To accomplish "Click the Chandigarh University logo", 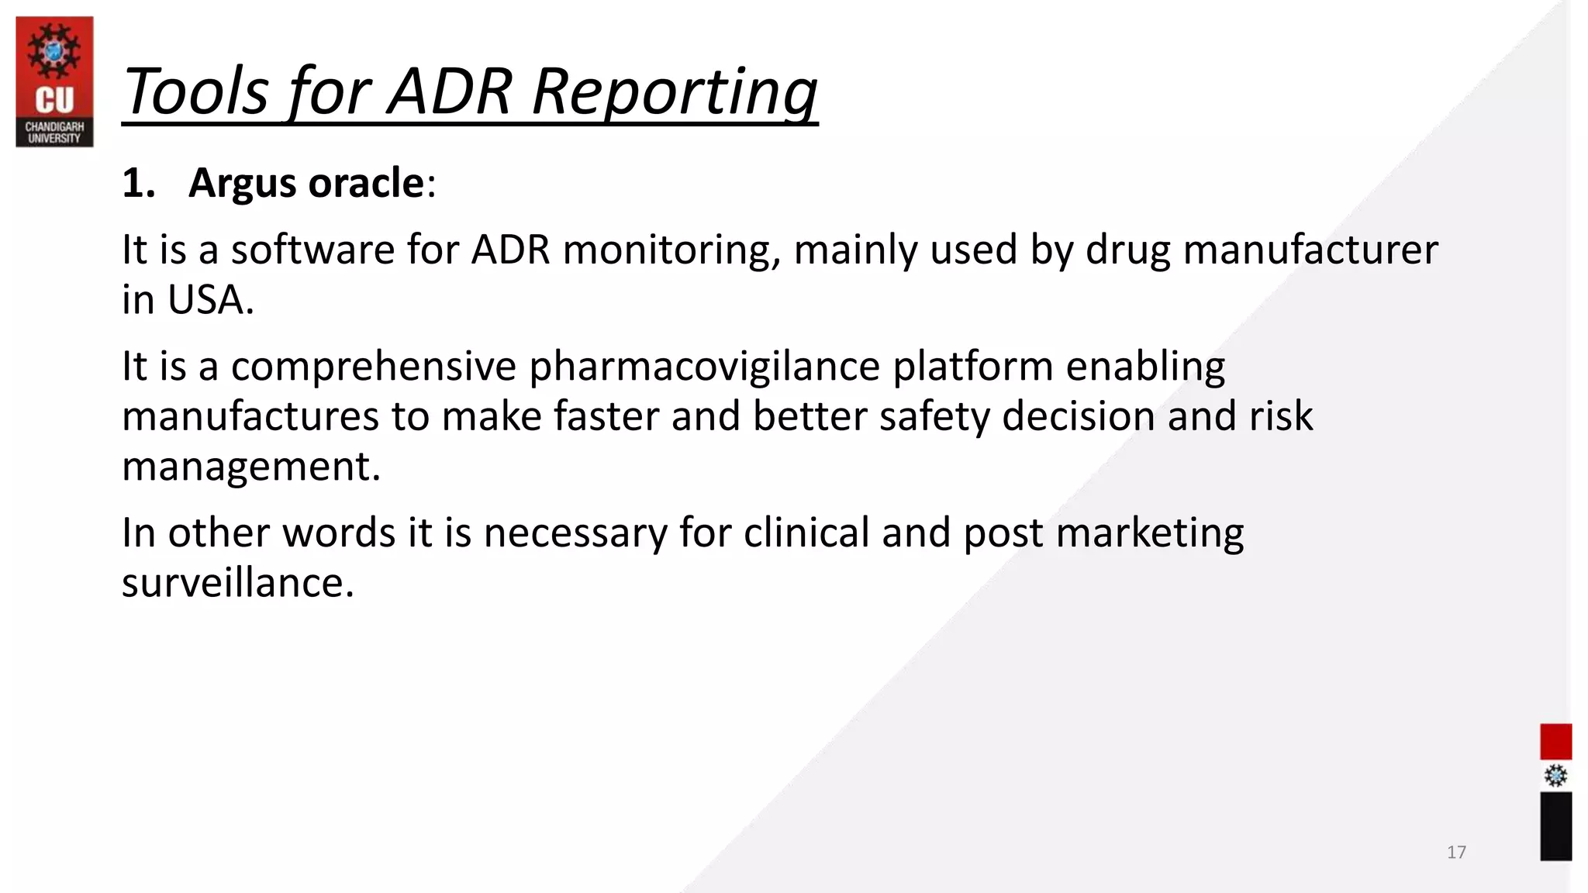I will pyautogui.click(x=54, y=81).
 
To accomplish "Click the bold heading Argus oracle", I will pyautogui.click(x=306, y=183).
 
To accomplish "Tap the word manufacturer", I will pyautogui.click(x=1310, y=250).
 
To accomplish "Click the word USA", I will pyautogui.click(x=210, y=300).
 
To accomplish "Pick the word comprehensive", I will pyautogui.click(x=373, y=366).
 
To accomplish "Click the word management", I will pyautogui.click(x=250, y=467).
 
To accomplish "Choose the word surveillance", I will pyautogui.click(x=237, y=583).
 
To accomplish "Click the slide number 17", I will pyautogui.click(x=1456, y=852).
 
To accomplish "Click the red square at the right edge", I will pyautogui.click(x=1555, y=742).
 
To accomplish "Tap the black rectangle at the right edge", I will pyautogui.click(x=1555, y=826).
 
